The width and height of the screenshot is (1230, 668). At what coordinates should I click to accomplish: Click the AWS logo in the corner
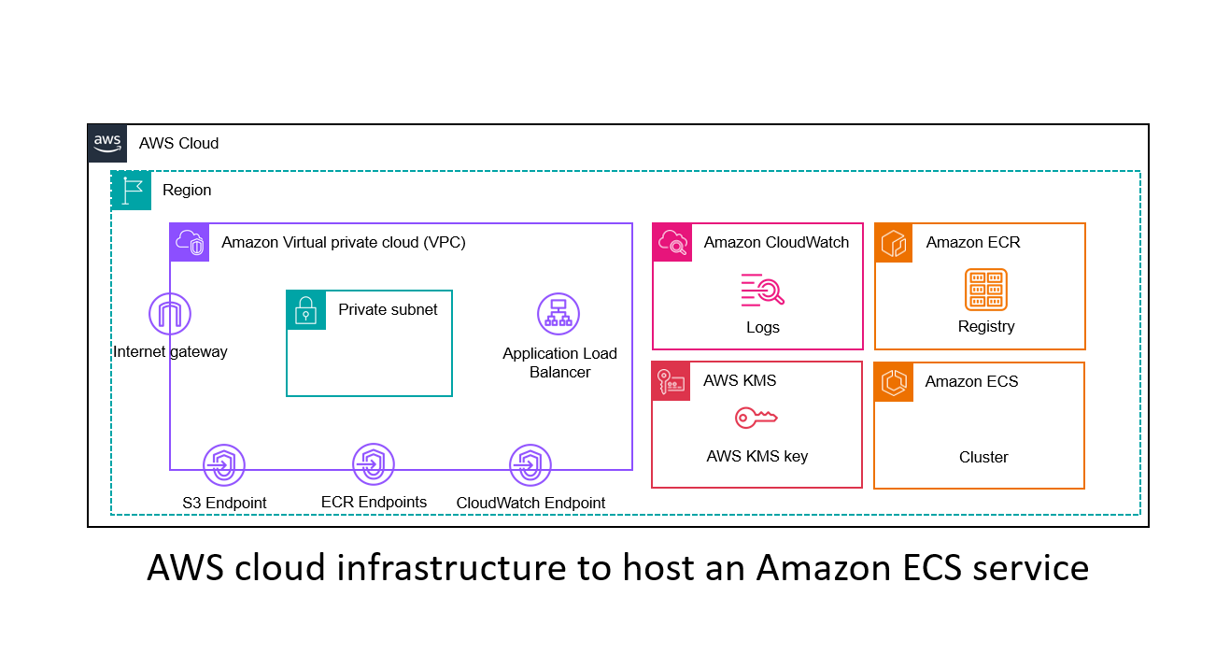click(107, 143)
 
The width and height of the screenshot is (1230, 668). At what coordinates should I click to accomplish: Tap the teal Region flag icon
click(131, 190)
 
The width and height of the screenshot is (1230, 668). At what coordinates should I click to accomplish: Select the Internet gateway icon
click(170, 315)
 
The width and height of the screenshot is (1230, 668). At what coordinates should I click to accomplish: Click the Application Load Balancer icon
click(558, 314)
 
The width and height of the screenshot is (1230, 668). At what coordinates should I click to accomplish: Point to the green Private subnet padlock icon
click(305, 309)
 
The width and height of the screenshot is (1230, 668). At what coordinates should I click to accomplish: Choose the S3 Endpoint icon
click(224, 465)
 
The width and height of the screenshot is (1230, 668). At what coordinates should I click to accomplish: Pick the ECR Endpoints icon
click(374, 464)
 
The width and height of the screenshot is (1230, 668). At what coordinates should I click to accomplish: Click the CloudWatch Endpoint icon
click(530, 465)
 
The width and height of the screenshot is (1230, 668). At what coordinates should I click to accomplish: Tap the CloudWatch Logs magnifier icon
click(762, 291)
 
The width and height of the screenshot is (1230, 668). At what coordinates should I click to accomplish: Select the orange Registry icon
click(985, 290)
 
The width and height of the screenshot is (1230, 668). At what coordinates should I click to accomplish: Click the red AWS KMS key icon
click(756, 418)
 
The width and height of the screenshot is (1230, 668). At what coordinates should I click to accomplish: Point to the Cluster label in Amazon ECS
click(983, 457)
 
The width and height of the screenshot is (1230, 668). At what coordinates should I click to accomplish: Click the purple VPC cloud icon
click(190, 242)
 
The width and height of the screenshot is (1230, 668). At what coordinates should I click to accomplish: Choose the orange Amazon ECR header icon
click(894, 242)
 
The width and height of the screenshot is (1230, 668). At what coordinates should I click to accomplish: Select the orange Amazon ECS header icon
click(894, 382)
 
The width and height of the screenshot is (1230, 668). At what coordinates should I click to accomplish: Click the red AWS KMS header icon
click(672, 381)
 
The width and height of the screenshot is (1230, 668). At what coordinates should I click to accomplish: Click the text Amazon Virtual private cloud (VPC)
click(344, 242)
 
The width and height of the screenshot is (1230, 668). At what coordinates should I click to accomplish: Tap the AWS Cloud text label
click(178, 143)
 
